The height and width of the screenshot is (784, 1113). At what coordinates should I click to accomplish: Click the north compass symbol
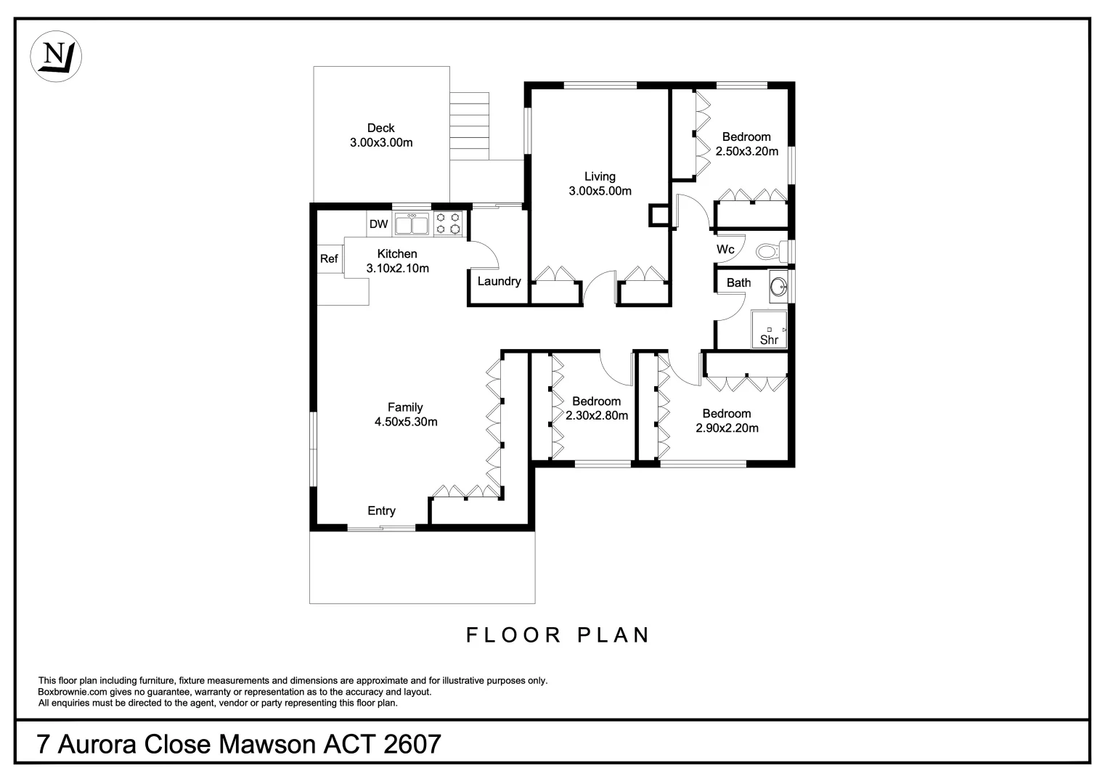[x=56, y=56]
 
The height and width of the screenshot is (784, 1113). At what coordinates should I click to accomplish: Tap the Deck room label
[x=381, y=128]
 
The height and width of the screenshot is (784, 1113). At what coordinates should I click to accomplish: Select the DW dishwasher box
[x=378, y=224]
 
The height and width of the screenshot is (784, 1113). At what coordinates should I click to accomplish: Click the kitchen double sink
[x=412, y=224]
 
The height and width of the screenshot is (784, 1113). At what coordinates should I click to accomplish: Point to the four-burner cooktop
[x=448, y=224]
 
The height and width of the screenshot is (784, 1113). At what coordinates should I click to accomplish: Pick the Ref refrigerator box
[x=330, y=259]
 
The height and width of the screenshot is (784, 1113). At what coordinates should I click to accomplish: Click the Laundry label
[x=500, y=281]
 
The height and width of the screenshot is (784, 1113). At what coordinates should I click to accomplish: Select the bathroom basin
[x=778, y=287]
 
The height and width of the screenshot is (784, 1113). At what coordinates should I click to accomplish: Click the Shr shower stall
[x=769, y=330]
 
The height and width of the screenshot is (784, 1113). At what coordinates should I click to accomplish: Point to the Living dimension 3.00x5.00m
[x=600, y=191]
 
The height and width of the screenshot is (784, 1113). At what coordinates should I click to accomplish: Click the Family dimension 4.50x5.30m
[x=406, y=422]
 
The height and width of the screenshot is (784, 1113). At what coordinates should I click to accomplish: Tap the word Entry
[x=382, y=511]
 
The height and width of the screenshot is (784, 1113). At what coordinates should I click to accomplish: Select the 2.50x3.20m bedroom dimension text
[x=747, y=151]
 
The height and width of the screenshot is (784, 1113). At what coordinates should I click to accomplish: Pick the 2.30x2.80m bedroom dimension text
[x=597, y=415]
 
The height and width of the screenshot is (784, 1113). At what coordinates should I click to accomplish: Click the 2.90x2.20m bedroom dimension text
[x=727, y=428]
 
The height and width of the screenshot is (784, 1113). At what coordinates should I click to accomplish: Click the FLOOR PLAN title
[x=558, y=635]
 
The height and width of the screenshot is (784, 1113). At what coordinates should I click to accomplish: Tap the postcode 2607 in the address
[x=412, y=744]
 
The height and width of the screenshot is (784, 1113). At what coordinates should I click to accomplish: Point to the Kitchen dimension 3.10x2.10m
[x=398, y=269]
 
